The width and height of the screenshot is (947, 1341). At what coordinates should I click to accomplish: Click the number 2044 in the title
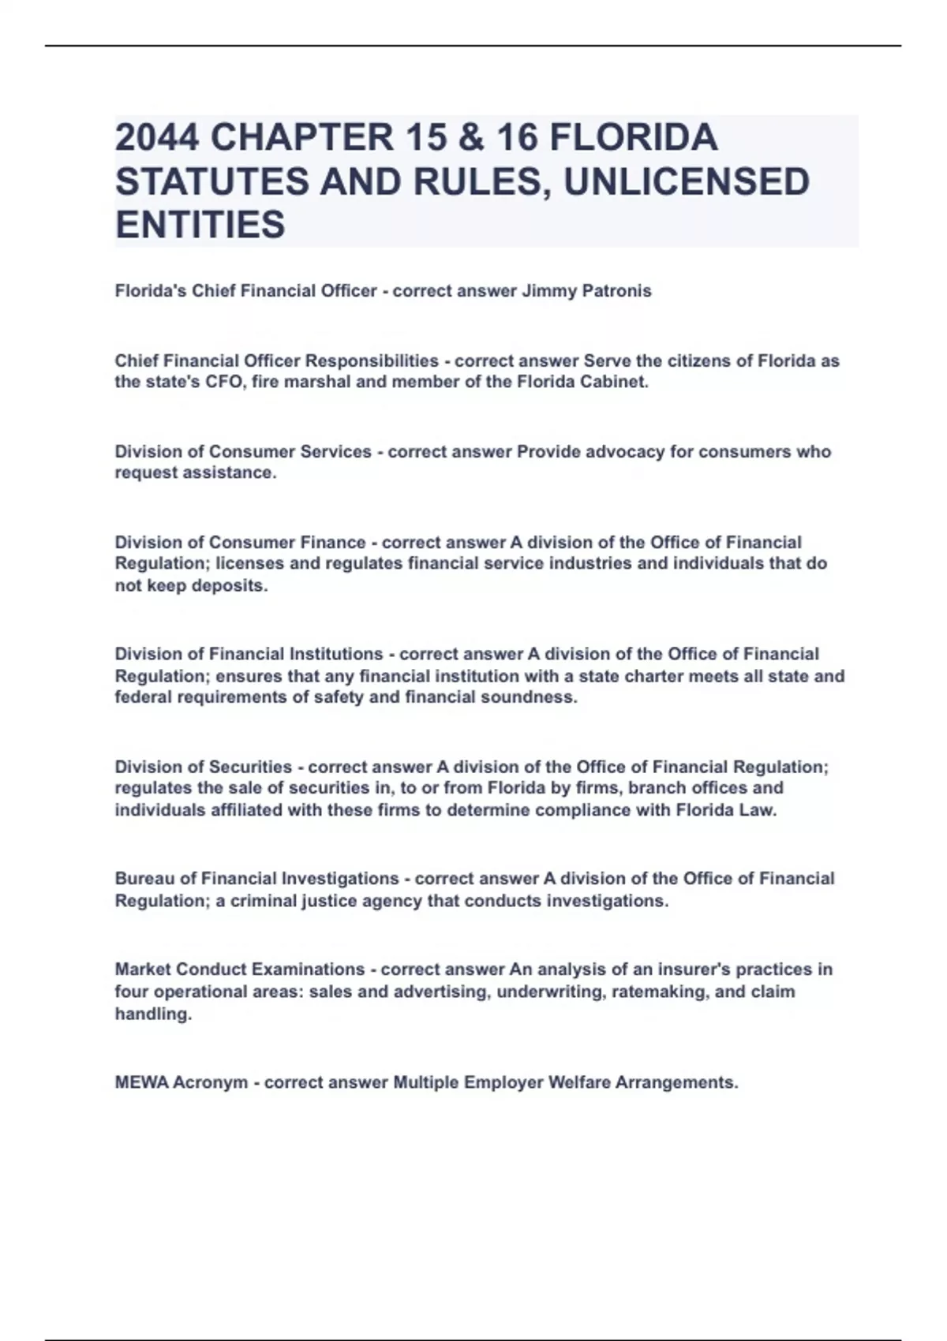156,138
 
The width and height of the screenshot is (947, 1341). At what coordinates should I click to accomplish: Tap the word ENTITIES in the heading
200,225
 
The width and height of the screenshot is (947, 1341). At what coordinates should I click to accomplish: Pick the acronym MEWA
141,1082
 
